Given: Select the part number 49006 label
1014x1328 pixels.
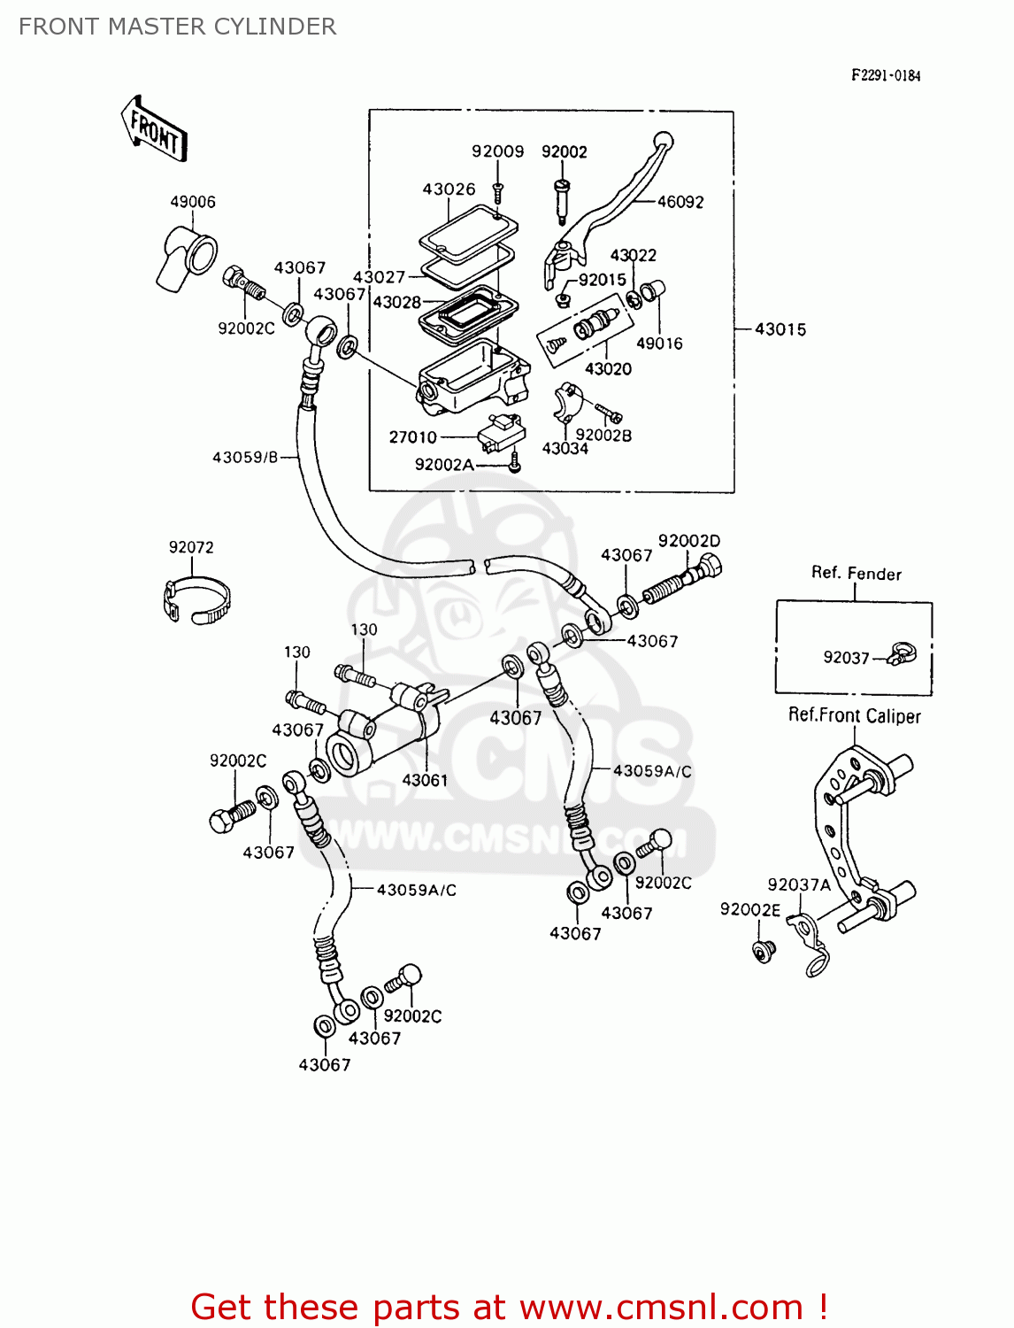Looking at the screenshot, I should [x=193, y=202].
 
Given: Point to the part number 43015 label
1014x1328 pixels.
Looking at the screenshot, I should [x=780, y=329].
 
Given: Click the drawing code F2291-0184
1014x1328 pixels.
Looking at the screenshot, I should [x=885, y=76].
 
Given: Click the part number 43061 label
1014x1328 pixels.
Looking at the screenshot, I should [x=425, y=780].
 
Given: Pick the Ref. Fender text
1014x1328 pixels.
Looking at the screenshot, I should [x=856, y=574].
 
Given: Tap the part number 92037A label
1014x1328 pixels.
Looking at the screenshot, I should [x=799, y=884].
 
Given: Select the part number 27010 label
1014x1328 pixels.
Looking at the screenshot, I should [x=412, y=437].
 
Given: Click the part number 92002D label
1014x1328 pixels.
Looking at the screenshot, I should [x=688, y=541].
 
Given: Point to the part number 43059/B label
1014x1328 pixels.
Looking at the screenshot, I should [x=244, y=458].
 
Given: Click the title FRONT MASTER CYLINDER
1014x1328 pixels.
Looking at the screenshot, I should [x=177, y=27].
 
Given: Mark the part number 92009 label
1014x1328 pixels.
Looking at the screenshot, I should [x=497, y=151].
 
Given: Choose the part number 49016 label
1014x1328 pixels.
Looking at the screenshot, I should [x=659, y=344].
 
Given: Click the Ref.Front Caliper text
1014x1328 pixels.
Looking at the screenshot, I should [x=854, y=716].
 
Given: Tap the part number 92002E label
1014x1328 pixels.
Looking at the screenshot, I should [x=749, y=909].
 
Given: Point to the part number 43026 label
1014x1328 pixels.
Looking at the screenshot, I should [x=449, y=189].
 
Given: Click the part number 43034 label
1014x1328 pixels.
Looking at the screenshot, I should [x=565, y=449].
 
